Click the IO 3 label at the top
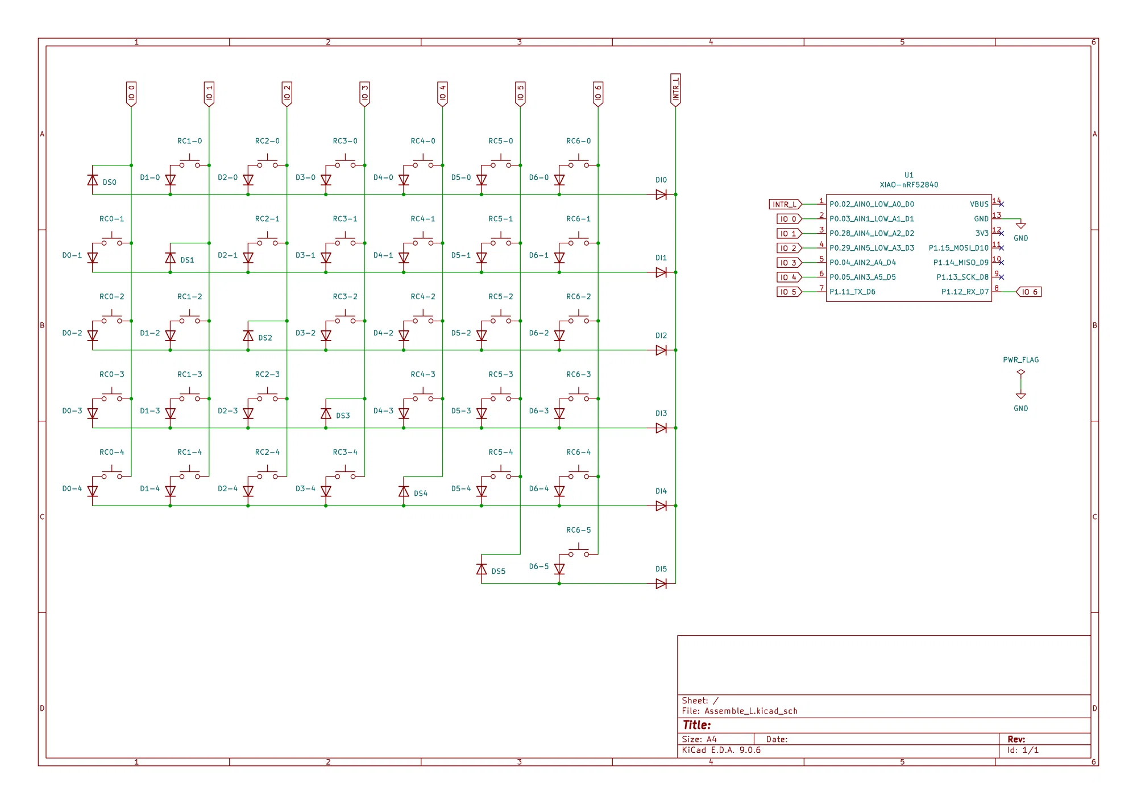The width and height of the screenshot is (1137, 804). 364,94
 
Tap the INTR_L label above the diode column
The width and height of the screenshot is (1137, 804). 675,90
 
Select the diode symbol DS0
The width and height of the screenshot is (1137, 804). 93,180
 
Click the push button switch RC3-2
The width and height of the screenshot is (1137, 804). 345,318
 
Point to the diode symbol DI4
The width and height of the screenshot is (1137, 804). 661,505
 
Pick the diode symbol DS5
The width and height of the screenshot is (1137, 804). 482,569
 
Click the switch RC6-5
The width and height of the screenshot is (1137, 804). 579,552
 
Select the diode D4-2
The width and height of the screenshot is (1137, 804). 404,335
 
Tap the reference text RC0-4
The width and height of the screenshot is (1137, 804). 111,453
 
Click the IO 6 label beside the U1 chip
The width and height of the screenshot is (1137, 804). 1029,292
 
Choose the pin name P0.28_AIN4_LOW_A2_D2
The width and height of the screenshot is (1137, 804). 872,234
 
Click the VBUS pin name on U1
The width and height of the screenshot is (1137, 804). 979,204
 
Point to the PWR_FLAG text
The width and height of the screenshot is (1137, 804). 1021,360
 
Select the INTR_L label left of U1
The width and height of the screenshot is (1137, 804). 785,204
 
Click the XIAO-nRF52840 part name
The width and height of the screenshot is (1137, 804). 909,185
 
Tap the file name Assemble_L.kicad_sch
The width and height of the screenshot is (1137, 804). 751,711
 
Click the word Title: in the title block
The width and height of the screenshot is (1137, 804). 697,725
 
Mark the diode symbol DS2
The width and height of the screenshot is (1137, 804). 248,335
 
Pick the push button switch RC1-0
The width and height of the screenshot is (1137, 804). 189,163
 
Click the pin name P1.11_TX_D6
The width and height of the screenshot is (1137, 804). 852,292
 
